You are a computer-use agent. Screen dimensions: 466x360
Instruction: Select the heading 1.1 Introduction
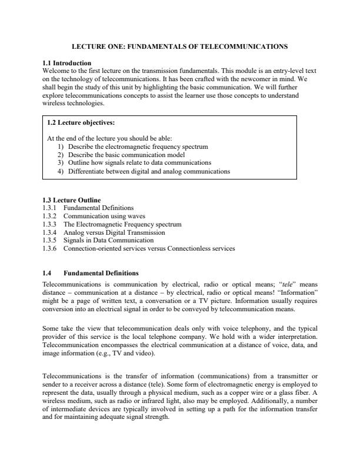pos(67,63)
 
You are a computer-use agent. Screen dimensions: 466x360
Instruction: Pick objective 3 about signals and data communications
pos(139,162)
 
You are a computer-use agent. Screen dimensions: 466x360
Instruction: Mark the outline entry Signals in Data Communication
pos(108,240)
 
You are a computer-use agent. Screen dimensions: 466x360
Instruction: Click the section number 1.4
pos(48,273)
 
